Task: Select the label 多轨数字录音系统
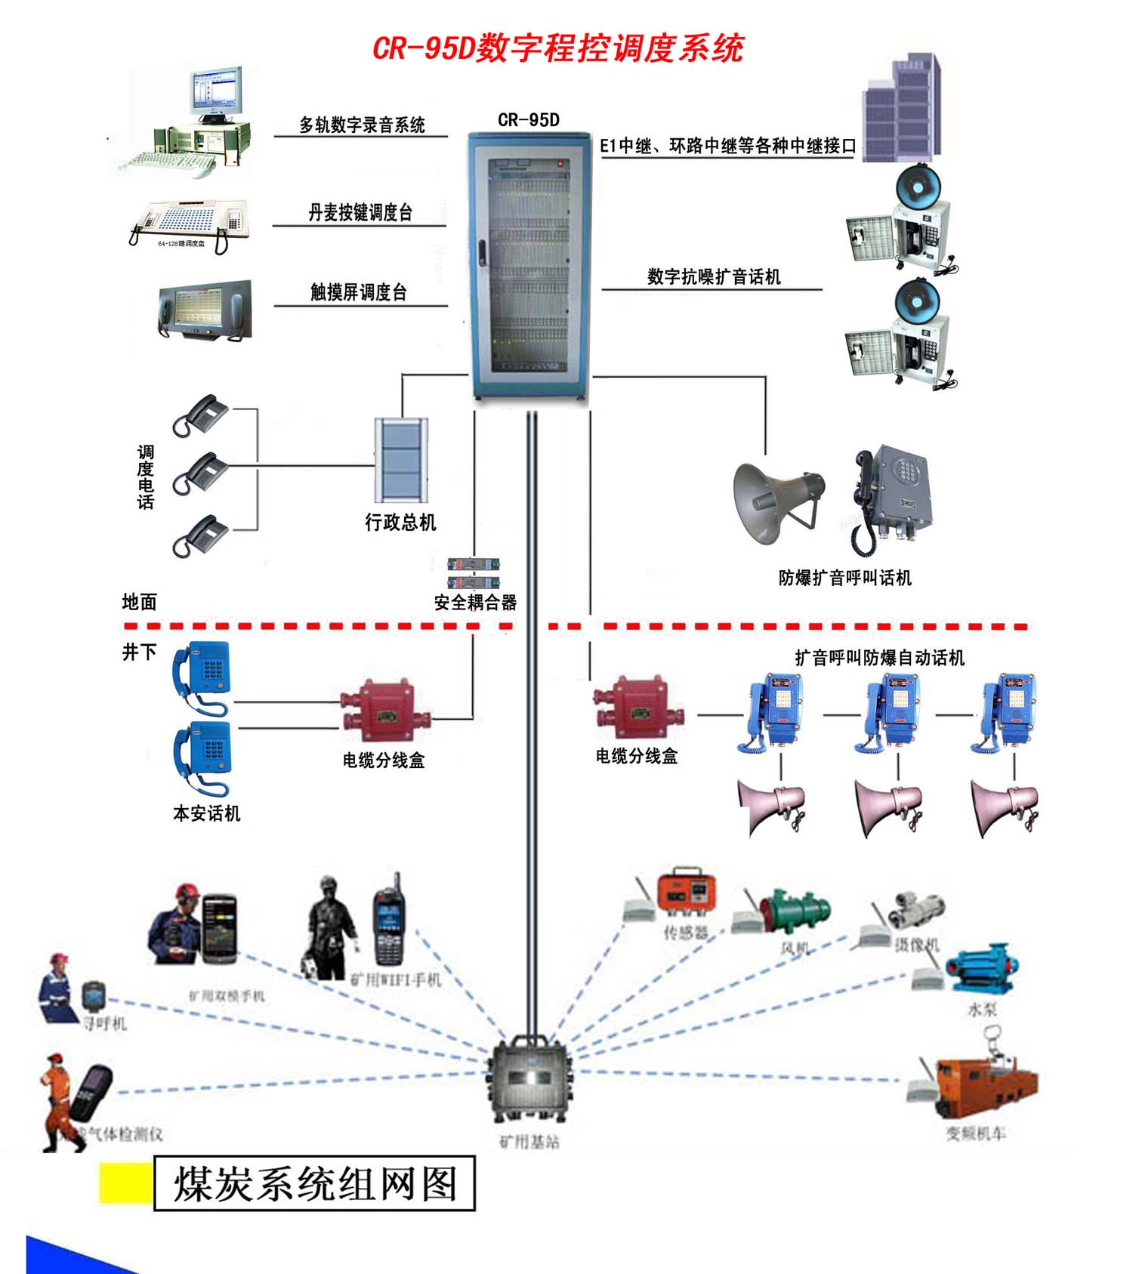(362, 125)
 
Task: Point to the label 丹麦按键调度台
(360, 213)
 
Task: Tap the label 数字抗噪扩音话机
(713, 277)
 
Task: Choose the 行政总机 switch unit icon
(401, 460)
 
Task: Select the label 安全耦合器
(475, 603)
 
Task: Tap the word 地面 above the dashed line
(140, 602)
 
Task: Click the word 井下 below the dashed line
(140, 651)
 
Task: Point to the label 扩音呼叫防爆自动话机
(879, 658)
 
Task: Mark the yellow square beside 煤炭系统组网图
(125, 1183)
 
